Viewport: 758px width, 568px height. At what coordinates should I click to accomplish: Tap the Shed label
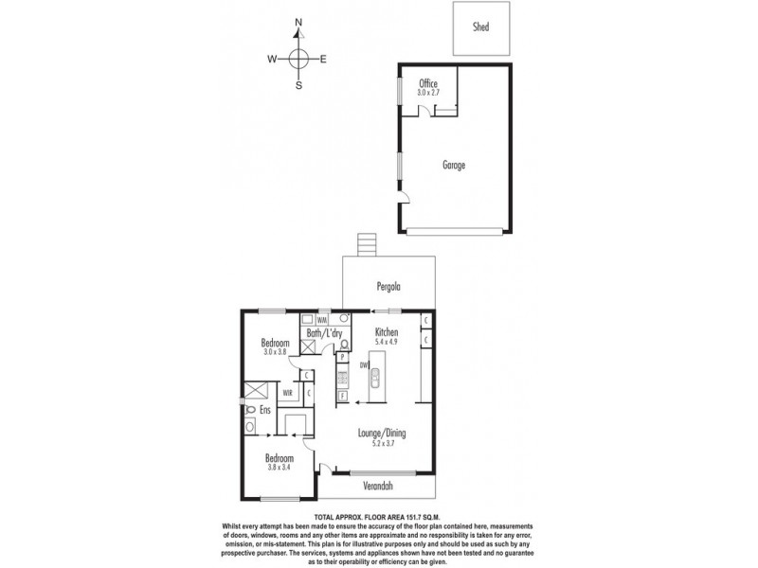click(x=480, y=27)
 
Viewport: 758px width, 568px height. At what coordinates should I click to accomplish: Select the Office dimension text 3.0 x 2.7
click(x=428, y=93)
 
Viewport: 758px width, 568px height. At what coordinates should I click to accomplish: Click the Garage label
click(x=454, y=165)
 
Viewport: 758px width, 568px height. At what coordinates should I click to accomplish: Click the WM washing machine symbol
click(x=321, y=319)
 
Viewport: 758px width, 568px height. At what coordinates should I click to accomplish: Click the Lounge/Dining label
click(x=382, y=434)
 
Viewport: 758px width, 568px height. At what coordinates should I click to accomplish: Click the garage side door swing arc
click(x=406, y=196)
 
